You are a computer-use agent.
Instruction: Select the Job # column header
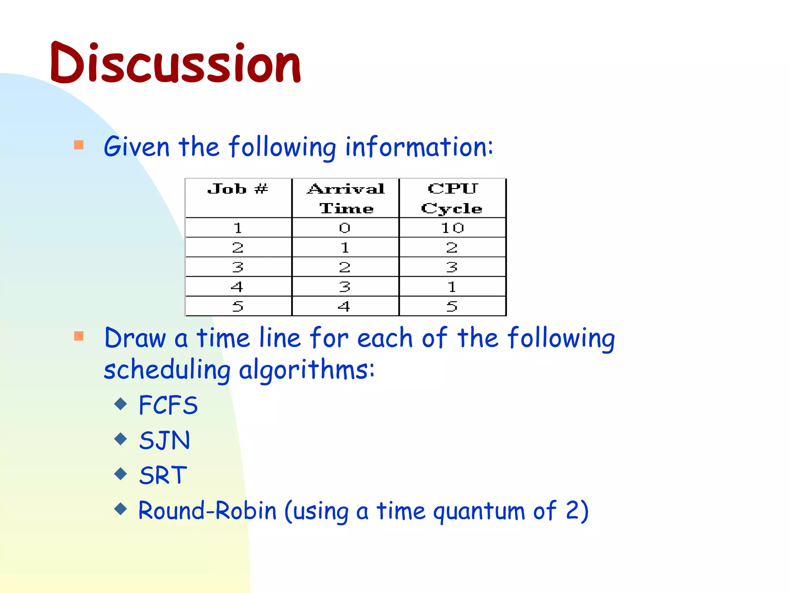tap(238, 189)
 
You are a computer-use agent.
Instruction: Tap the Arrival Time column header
tap(346, 198)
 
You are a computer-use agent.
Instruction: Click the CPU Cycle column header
tap(452, 198)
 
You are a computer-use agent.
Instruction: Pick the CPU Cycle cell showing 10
tap(452, 228)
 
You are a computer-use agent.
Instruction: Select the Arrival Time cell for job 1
tap(345, 228)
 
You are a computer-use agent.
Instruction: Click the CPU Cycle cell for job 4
tap(452, 287)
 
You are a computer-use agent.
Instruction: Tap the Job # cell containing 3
tap(238, 267)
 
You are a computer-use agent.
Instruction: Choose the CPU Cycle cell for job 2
tap(452, 247)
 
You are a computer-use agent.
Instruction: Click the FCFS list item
tap(168, 405)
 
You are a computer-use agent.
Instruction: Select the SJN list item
tap(165, 440)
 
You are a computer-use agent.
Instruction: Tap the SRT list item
tap(163, 475)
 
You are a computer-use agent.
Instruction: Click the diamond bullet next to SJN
tap(121, 439)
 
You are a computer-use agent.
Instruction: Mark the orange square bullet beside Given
tap(79, 145)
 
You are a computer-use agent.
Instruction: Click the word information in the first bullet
tap(419, 147)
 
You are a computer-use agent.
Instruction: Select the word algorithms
tap(307, 370)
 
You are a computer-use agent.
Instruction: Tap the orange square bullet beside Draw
tap(79, 336)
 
